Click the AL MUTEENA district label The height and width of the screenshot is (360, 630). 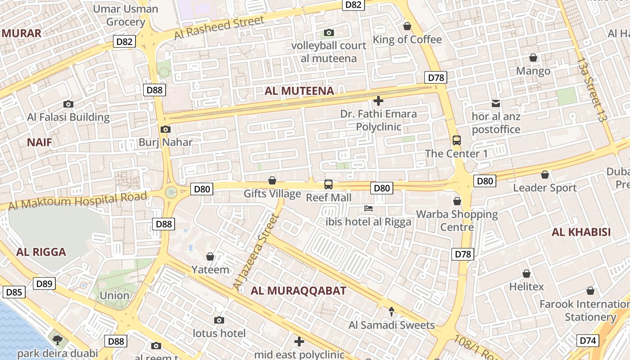pyautogui.click(x=299, y=91)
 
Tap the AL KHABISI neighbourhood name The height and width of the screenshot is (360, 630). pyautogui.click(x=581, y=232)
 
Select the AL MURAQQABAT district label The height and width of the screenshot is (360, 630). pyautogui.click(x=298, y=291)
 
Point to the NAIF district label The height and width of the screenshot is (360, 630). pyautogui.click(x=40, y=143)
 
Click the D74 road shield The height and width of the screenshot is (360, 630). pyautogui.click(x=588, y=341)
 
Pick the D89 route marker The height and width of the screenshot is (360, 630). pyautogui.click(x=45, y=283)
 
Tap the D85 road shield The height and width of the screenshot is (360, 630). pyautogui.click(x=14, y=292)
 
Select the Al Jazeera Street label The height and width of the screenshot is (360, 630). pyautogui.click(x=255, y=252)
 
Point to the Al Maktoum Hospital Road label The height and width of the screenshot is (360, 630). pyautogui.click(x=78, y=201)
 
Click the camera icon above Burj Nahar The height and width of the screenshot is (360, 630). pyautogui.click(x=165, y=129)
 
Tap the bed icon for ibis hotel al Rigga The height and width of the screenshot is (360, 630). pyautogui.click(x=368, y=208)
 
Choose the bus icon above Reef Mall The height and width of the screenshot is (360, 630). pyautogui.click(x=328, y=184)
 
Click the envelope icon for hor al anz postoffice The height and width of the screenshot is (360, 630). pyautogui.click(x=495, y=103)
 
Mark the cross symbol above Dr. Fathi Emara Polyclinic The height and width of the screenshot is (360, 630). pyautogui.click(x=378, y=101)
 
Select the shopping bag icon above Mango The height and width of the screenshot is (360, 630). pyautogui.click(x=533, y=58)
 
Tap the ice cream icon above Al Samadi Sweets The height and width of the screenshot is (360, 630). pyautogui.click(x=391, y=311)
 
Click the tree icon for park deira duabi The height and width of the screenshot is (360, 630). pyautogui.click(x=57, y=340)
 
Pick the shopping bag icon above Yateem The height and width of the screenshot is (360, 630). pyautogui.click(x=210, y=256)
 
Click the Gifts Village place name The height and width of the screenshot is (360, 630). pyautogui.click(x=272, y=194)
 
